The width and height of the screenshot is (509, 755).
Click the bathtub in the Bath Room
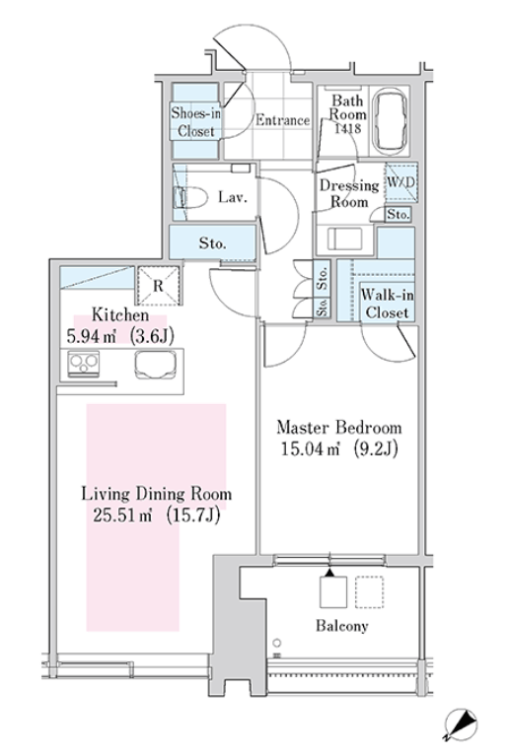point(390,120)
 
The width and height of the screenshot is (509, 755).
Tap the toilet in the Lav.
point(190,197)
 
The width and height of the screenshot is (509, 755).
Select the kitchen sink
point(155,365)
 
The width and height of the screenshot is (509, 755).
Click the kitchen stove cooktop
point(84,364)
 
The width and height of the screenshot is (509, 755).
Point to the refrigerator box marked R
point(159,286)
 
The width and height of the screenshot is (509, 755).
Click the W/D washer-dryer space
point(400,182)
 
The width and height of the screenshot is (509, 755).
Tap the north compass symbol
point(460,724)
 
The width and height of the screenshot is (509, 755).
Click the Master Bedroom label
point(339,427)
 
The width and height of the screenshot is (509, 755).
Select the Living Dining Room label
point(156,494)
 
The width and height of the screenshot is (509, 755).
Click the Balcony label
point(342,626)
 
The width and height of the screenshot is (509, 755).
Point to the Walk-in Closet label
point(387,304)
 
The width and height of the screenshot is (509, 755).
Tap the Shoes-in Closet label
point(195,122)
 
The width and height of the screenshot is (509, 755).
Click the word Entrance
point(282,120)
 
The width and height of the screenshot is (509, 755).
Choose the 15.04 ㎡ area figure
point(310,449)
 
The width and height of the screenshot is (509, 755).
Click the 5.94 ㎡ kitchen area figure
point(92,336)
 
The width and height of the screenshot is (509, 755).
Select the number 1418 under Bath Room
point(347,128)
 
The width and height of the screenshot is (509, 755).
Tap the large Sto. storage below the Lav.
point(212,242)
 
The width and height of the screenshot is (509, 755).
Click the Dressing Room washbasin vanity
point(345,239)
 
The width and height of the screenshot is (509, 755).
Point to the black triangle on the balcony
point(329,573)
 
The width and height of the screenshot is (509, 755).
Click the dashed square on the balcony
point(370,591)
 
